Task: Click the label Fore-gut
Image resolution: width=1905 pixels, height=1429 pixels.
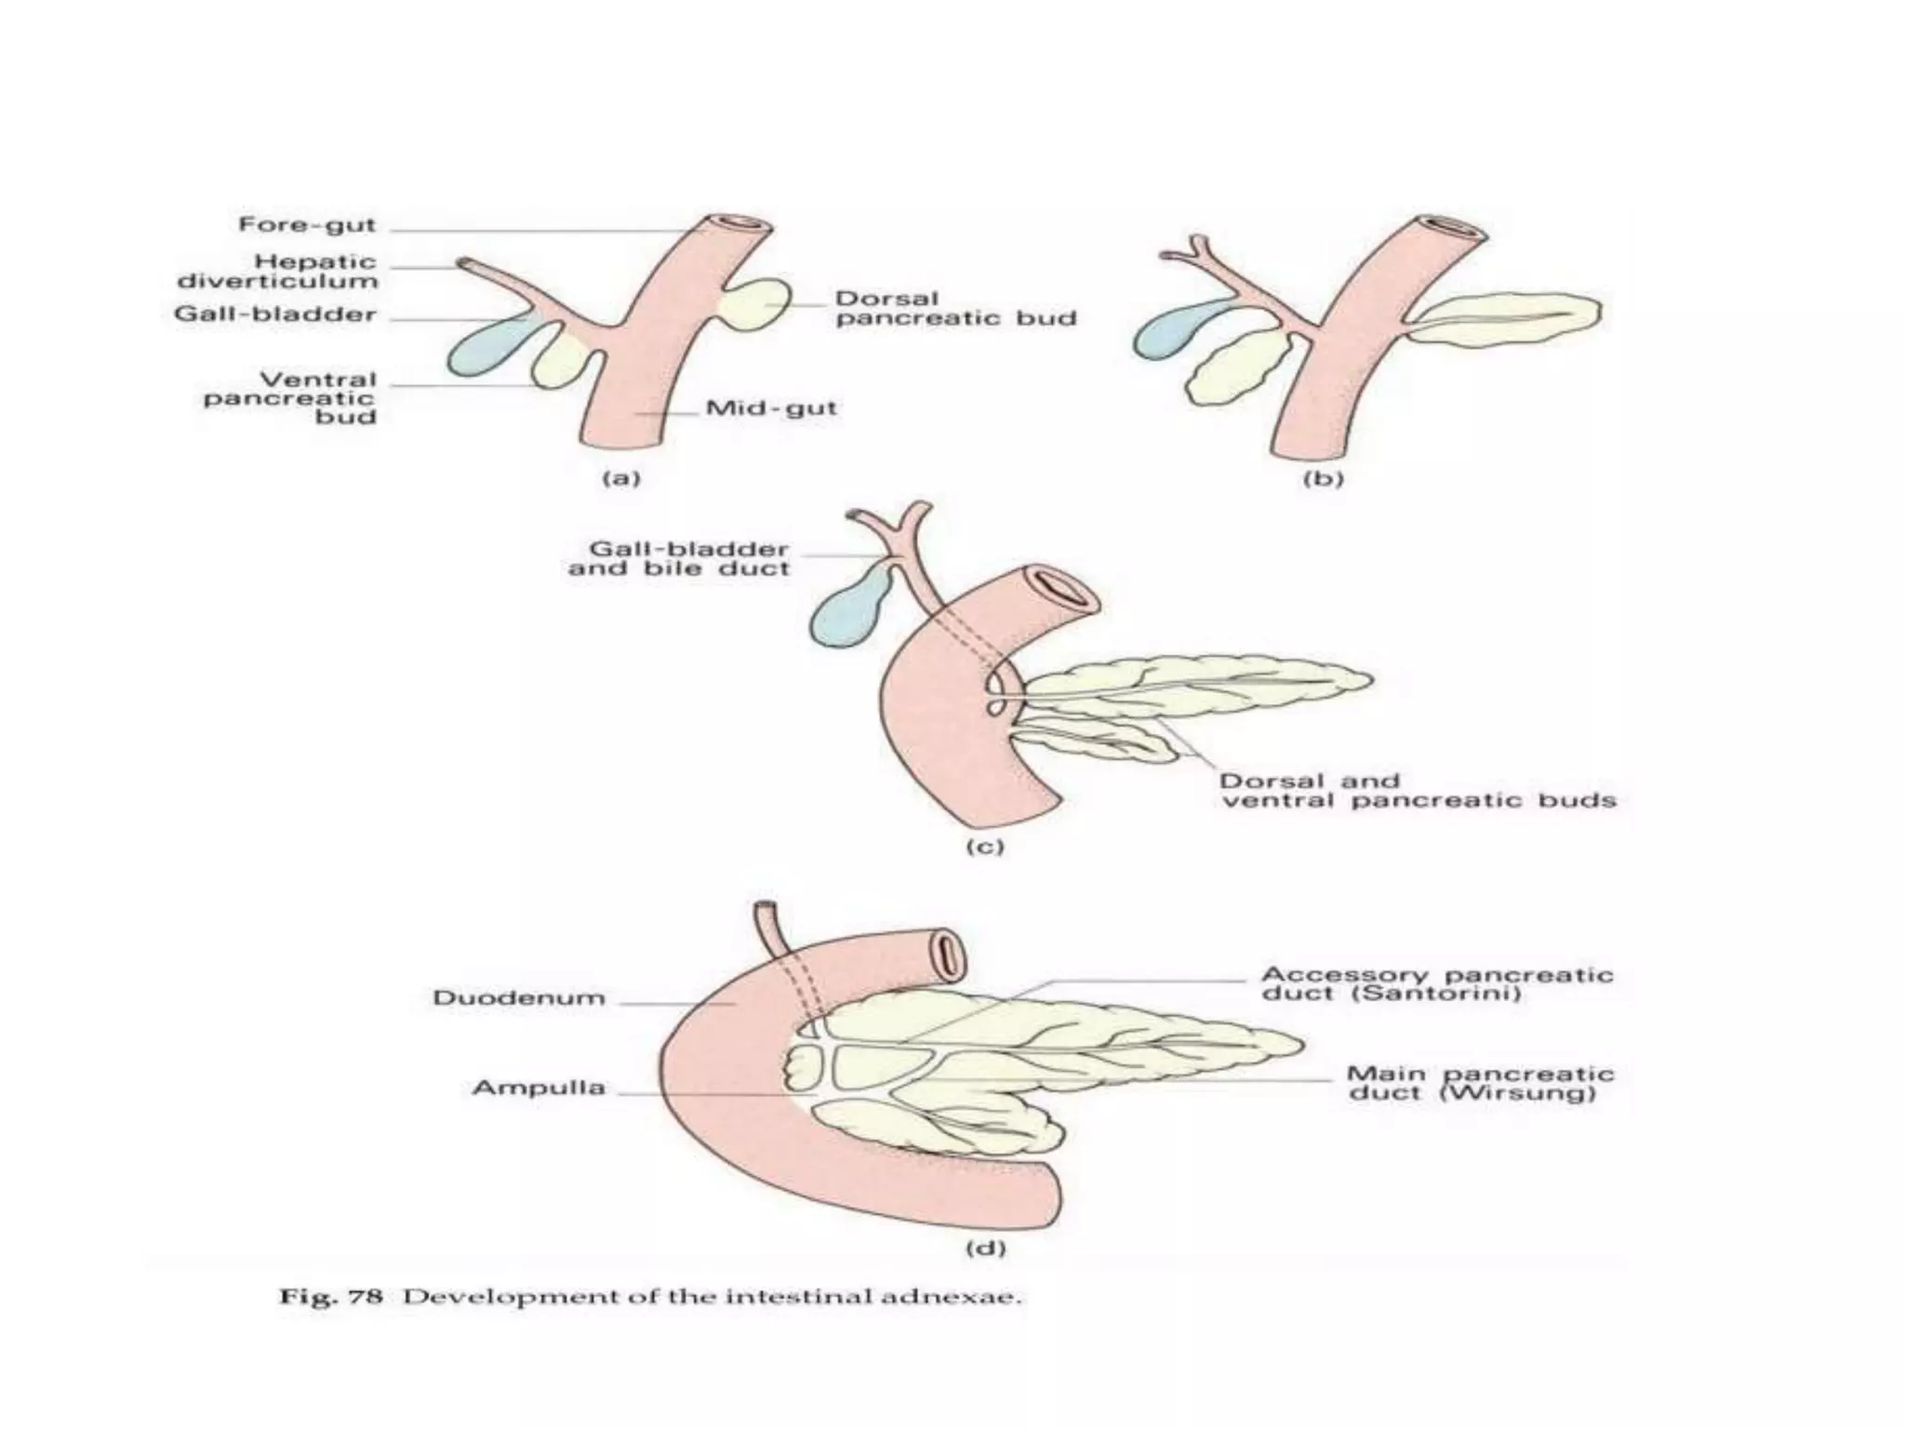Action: pyautogui.click(x=307, y=225)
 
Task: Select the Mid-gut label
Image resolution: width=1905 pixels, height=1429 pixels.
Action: pyautogui.click(x=771, y=408)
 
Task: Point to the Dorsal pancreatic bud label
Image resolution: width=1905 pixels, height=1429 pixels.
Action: pyautogui.click(x=955, y=309)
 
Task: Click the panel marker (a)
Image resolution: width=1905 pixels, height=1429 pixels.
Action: pyautogui.click(x=621, y=478)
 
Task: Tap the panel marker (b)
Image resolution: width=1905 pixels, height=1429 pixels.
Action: pyautogui.click(x=1324, y=478)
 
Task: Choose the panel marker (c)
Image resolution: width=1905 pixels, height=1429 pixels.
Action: pyautogui.click(x=984, y=847)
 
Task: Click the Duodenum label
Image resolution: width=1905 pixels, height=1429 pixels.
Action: pyautogui.click(x=518, y=998)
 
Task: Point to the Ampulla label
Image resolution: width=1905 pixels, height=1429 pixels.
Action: pyautogui.click(x=539, y=1088)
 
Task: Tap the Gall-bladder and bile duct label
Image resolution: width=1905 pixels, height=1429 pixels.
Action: pyautogui.click(x=679, y=558)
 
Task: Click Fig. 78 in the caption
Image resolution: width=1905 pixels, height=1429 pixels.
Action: pyautogui.click(x=331, y=1296)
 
